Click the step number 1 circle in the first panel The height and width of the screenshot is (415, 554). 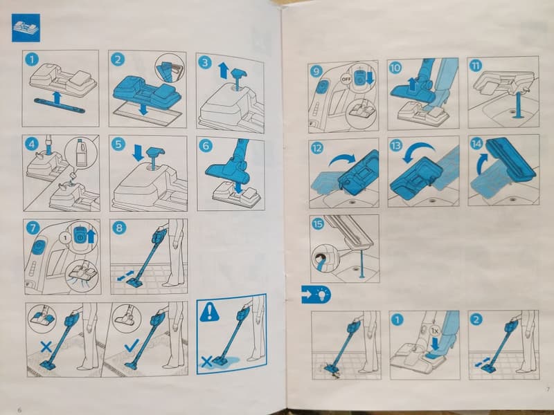[x=32, y=59]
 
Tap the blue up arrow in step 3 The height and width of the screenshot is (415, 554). [x=223, y=71]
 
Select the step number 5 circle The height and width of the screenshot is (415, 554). [x=118, y=145]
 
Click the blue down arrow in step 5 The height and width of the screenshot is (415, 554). [x=138, y=153]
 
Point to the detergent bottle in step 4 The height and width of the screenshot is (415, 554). [x=82, y=152]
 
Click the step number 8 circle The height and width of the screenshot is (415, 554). [x=119, y=228]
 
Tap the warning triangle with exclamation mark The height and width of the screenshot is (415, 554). [x=210, y=312]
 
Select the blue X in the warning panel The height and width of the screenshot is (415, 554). [x=206, y=361]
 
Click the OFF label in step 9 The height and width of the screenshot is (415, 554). [x=346, y=79]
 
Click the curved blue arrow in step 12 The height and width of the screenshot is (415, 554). [x=342, y=159]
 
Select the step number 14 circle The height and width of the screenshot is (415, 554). [x=477, y=143]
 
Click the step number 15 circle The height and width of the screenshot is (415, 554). [x=318, y=223]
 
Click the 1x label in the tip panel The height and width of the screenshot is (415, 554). [x=436, y=331]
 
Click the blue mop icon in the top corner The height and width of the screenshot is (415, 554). [x=26, y=28]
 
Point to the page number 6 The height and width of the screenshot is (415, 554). [x=19, y=410]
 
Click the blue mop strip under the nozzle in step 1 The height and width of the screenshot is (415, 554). [x=60, y=106]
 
